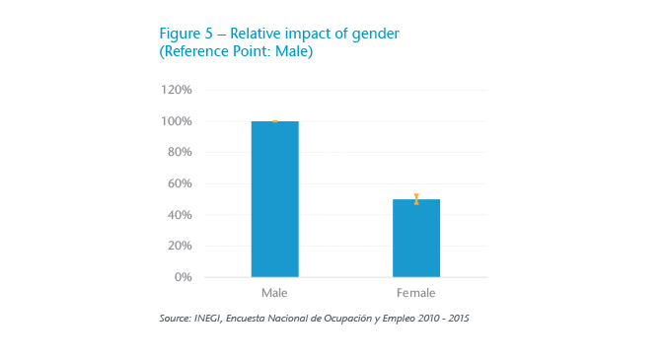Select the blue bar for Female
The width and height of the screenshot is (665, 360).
pos(416,238)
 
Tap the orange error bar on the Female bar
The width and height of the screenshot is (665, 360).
pos(416,199)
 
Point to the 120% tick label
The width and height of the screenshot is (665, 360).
pos(177,90)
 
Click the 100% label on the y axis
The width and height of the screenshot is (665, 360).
pos(177,121)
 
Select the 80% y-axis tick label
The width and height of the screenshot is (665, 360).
pos(180,152)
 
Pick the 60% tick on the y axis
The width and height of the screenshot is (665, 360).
pos(180,183)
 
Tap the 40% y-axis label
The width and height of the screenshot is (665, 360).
pos(180,215)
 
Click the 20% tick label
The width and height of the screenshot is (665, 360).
pos(180,246)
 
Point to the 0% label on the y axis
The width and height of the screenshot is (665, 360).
pos(183,277)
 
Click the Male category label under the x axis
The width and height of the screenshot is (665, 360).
pos(274,294)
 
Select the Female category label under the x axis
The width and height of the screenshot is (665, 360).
pos(416,294)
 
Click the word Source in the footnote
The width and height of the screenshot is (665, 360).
pos(176,319)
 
